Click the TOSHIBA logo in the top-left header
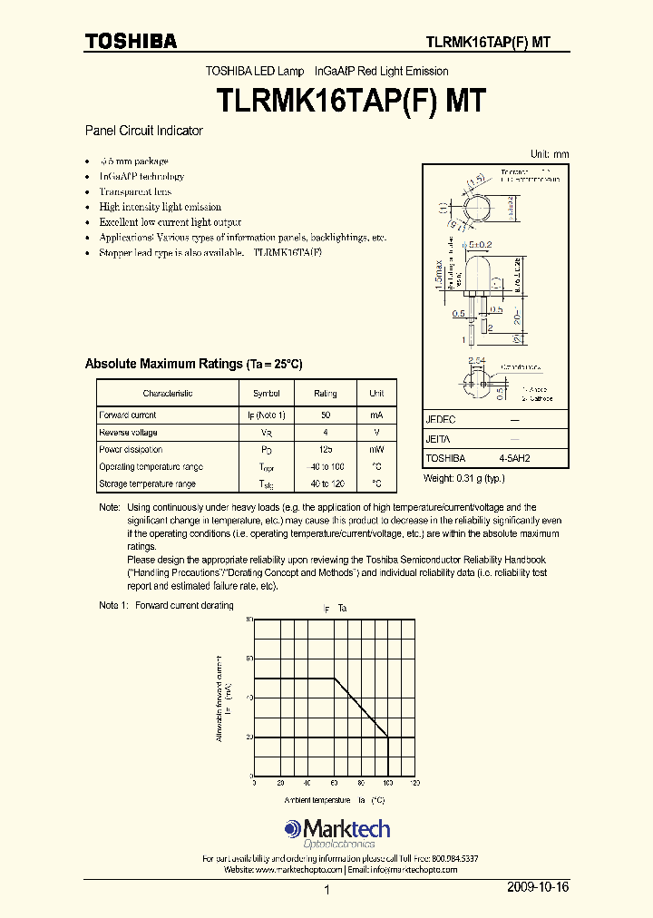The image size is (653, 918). point(131,41)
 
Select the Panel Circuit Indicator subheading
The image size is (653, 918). point(143,131)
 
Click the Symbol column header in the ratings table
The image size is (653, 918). point(266,394)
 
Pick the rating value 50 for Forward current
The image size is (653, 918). point(325,415)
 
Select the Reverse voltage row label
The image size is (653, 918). point(128,433)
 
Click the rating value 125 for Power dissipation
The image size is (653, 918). point(325,450)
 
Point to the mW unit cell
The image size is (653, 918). point(376,450)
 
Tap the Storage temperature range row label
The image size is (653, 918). point(147,484)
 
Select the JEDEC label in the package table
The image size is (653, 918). point(440,421)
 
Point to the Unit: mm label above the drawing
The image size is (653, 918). point(550,154)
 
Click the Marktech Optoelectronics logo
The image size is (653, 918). point(336,832)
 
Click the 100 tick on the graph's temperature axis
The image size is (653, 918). point(387,783)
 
